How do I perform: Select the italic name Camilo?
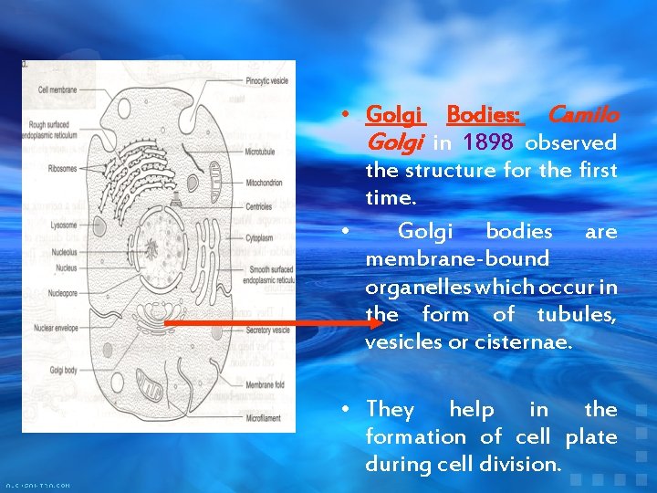coord(582,115)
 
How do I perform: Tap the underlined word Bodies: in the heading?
coord(484,115)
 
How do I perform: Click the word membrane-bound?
coord(457,259)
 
